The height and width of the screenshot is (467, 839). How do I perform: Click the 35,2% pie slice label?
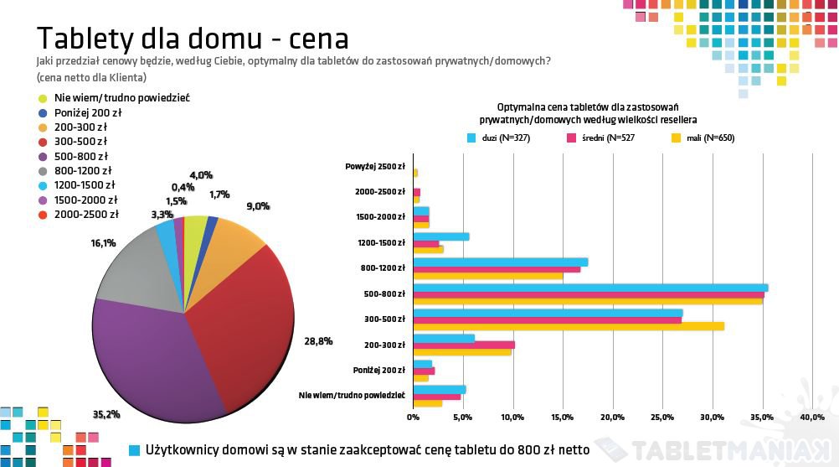(x=106, y=413)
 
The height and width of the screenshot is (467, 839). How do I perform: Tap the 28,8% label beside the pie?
(x=319, y=341)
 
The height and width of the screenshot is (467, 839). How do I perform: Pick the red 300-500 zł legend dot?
(x=43, y=142)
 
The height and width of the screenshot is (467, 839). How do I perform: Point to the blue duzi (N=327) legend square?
(x=471, y=138)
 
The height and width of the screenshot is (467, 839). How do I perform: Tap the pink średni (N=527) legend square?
(x=573, y=138)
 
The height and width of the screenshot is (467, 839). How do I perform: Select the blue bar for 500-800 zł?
(x=590, y=288)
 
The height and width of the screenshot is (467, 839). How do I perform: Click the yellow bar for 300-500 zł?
(x=569, y=326)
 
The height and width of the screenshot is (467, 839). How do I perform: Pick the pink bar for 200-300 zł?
(x=464, y=345)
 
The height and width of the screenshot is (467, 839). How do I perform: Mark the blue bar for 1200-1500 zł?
(x=441, y=236)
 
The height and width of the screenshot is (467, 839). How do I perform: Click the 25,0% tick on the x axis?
(x=662, y=417)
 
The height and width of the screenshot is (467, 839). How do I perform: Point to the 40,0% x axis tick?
(x=812, y=417)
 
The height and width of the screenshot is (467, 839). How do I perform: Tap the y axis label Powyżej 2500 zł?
(x=375, y=166)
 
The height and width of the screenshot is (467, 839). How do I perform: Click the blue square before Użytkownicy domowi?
(x=134, y=450)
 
